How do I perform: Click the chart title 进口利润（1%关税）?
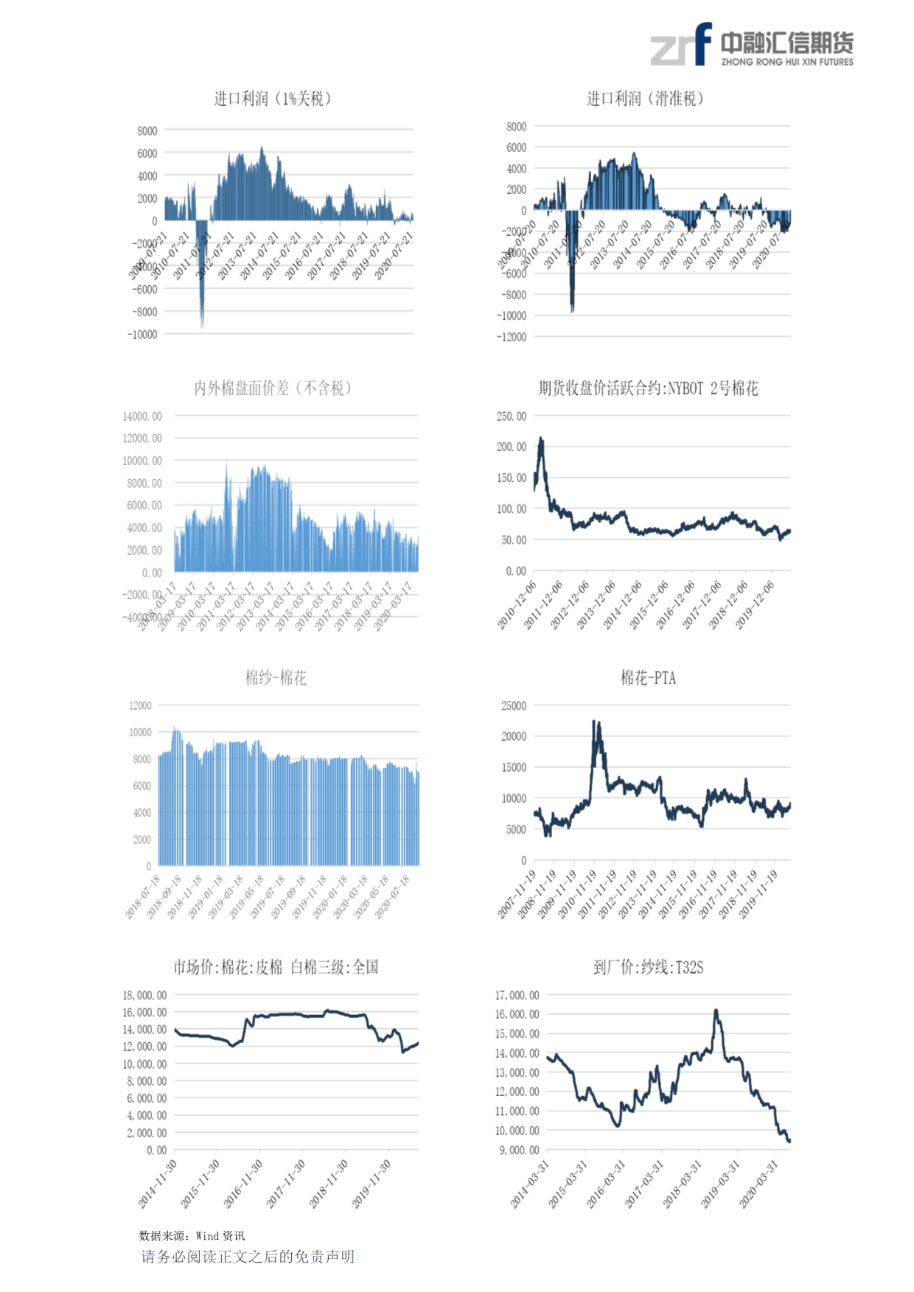(272, 99)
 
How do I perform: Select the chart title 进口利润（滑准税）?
(645, 99)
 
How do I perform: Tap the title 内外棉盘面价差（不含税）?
(272, 388)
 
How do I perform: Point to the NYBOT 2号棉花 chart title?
(648, 388)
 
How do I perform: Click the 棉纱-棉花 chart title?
(276, 678)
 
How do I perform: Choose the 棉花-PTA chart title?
(648, 678)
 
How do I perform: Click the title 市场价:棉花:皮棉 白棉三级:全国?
(276, 968)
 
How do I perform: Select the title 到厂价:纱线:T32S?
(648, 968)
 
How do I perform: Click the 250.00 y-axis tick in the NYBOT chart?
(512, 416)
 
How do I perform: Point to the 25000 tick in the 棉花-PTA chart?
(514, 706)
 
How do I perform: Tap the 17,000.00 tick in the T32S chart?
(517, 996)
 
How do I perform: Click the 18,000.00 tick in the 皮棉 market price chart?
(144, 996)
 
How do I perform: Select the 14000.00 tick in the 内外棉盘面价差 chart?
(142, 416)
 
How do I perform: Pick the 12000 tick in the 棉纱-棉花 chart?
(140, 706)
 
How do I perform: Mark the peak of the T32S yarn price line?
(716, 1011)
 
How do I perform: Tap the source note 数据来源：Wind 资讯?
(192, 1236)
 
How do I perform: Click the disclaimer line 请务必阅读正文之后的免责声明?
(248, 1257)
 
